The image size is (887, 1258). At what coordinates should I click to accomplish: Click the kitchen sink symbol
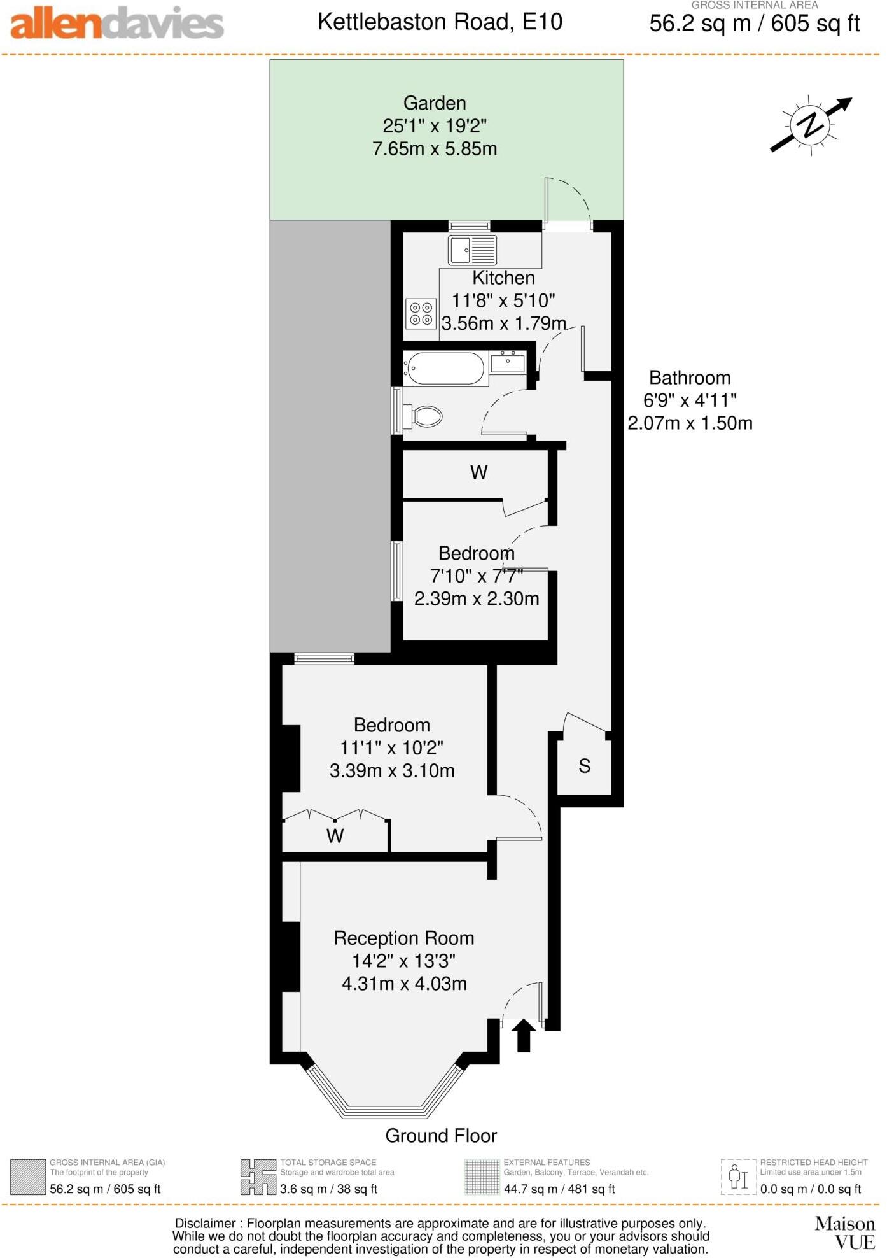click(472, 250)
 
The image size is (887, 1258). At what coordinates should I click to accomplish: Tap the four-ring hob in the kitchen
click(421, 313)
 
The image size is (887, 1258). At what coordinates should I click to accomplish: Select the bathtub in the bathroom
click(445, 369)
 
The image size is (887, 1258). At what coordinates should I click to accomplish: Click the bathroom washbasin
click(508, 363)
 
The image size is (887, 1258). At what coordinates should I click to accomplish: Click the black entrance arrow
click(524, 1035)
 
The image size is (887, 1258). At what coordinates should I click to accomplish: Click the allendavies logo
click(117, 24)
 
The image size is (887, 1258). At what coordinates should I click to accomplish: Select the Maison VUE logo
click(845, 1233)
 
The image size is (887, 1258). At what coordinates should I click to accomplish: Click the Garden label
click(435, 103)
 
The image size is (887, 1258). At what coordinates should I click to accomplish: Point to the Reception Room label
click(404, 938)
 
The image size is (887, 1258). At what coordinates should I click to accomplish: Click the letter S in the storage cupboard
click(585, 766)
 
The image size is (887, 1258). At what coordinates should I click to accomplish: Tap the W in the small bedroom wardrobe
click(478, 472)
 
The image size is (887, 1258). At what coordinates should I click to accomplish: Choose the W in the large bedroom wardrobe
click(335, 836)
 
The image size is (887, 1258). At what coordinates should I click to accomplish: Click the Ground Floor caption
click(441, 1136)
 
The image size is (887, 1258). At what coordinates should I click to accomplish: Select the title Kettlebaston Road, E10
click(440, 22)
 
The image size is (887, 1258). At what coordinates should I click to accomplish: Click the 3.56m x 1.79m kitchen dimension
click(503, 323)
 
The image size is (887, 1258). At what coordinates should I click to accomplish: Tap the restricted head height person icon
click(738, 1177)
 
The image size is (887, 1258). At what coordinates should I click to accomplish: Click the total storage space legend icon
click(258, 1177)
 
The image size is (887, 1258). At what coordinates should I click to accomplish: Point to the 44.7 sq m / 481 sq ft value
click(559, 1189)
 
